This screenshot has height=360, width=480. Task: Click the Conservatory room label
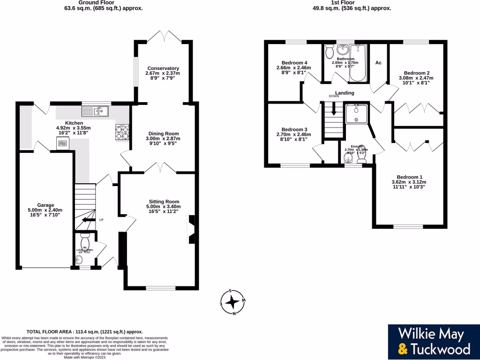[163, 68]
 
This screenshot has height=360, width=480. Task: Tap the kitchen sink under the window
[95, 111]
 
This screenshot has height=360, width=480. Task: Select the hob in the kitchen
[122, 132]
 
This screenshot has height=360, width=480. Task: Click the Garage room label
[46, 205]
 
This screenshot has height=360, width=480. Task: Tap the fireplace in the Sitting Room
[191, 229]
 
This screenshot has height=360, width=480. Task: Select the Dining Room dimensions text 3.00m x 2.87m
[163, 139]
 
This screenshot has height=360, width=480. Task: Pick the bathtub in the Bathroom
[360, 61]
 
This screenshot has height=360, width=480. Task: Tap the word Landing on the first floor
[345, 93]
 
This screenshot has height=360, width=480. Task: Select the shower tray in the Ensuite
[357, 113]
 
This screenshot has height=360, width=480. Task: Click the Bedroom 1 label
[409, 177]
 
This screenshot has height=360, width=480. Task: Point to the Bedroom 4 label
[295, 63]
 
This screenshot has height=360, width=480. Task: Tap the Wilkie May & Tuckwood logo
[434, 341]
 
